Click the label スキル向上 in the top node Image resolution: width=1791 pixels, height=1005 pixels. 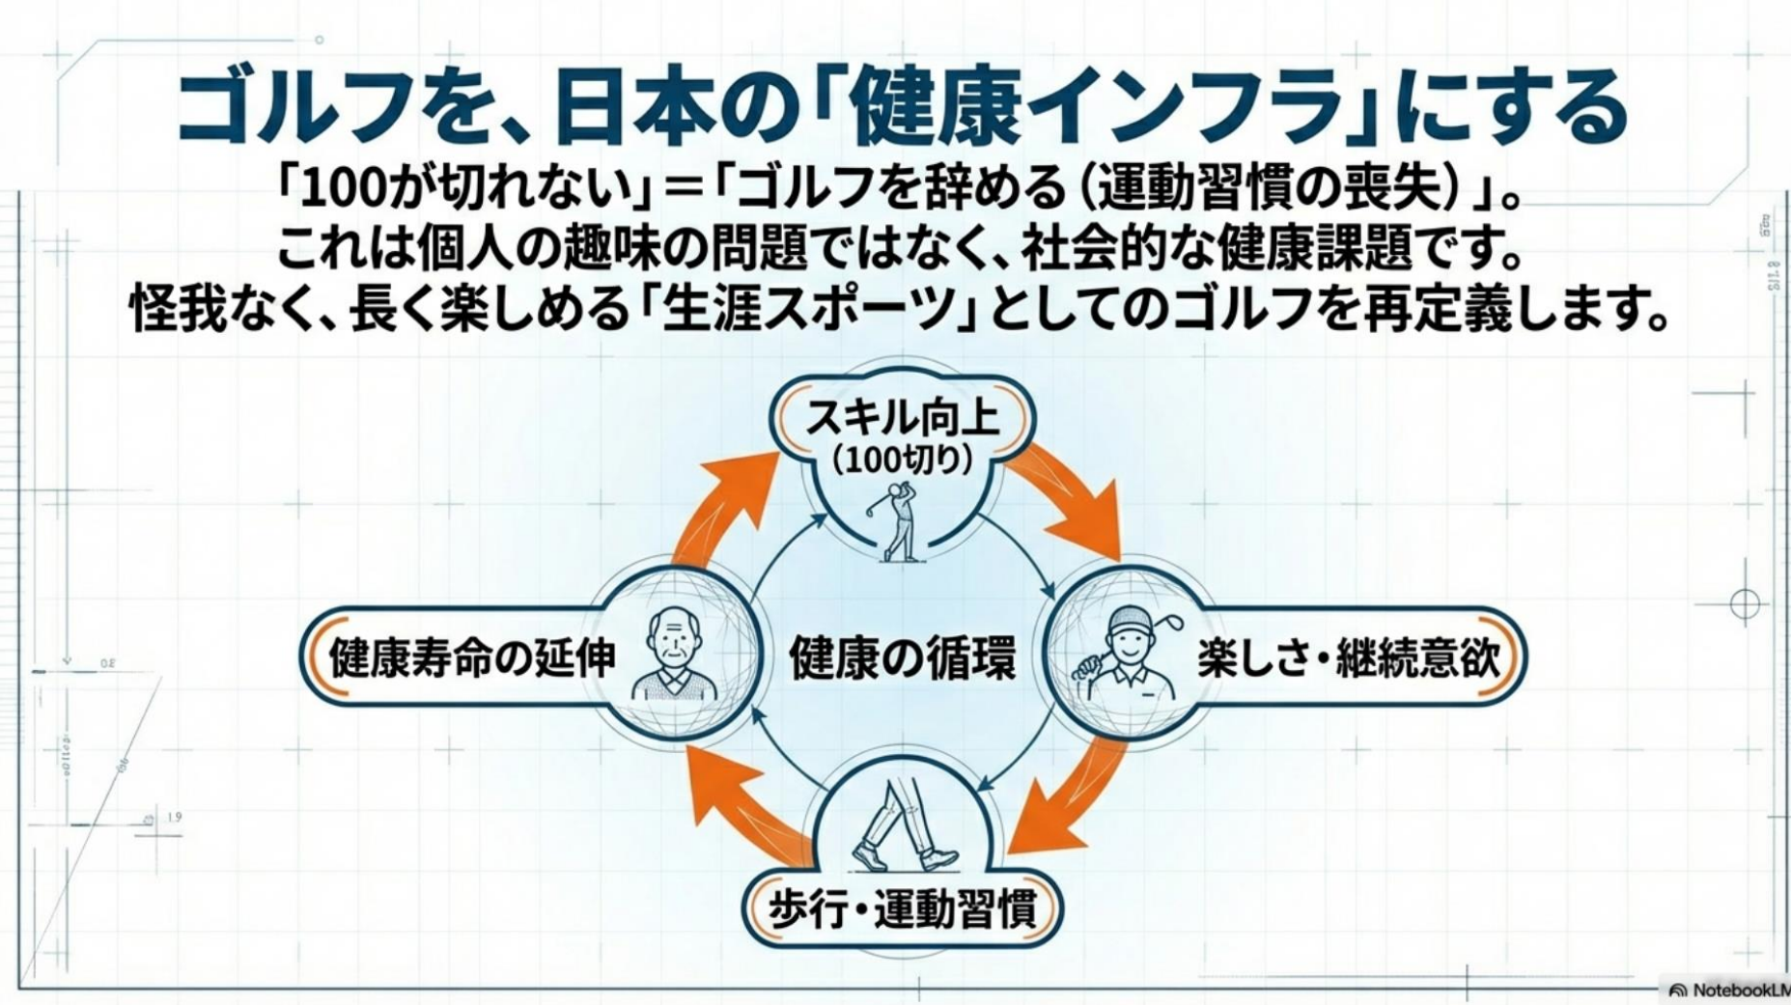pos(902,418)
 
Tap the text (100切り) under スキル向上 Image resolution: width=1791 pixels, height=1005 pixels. pos(903,460)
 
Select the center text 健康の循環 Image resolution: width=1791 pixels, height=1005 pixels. pos(902,658)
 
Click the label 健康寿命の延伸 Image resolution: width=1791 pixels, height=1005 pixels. pos(472,658)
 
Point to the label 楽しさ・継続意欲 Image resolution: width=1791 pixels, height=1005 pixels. pos(1348,658)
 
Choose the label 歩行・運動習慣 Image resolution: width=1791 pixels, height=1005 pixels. pos(902,909)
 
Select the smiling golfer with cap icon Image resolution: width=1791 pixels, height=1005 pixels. pos(1130,649)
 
